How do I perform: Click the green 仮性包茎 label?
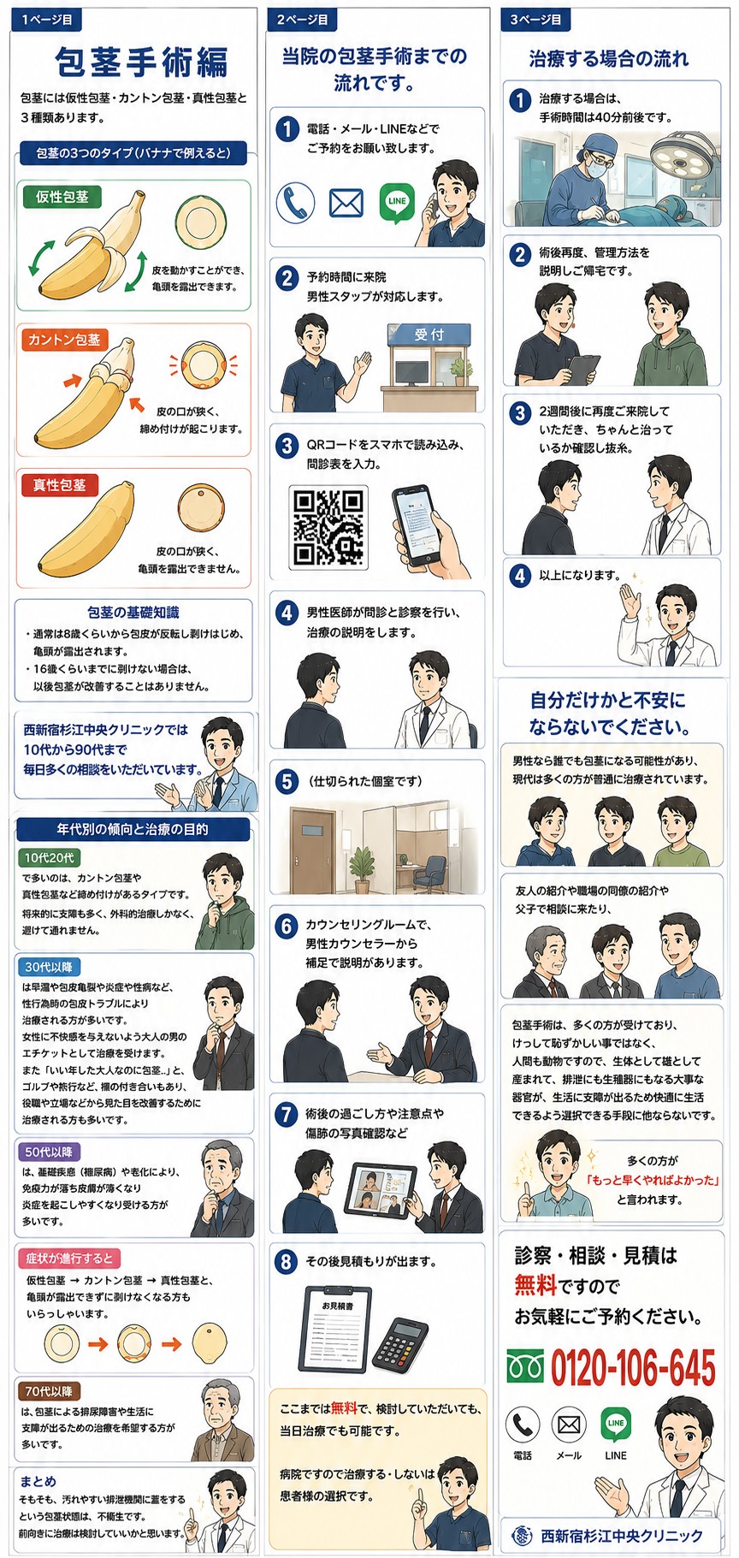tap(62, 197)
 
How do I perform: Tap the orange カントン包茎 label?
tap(64, 340)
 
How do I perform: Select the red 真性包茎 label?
tap(60, 485)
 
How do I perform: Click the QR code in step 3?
tap(328, 526)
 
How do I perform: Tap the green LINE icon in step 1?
tap(397, 203)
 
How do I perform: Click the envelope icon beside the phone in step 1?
tap(346, 204)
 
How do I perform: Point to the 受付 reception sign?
tap(429, 334)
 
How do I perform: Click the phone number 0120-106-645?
tap(633, 1368)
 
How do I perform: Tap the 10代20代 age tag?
tap(49, 857)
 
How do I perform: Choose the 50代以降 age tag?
tap(49, 1152)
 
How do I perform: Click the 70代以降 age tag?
tap(49, 1390)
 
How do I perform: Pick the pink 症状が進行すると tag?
tap(69, 1258)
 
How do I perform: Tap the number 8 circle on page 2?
tap(287, 1261)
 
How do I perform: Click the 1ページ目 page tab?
tap(47, 18)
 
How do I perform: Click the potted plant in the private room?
tap(364, 862)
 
